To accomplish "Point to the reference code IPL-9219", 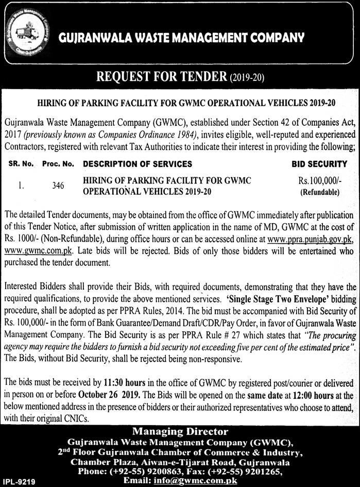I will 17,481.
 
